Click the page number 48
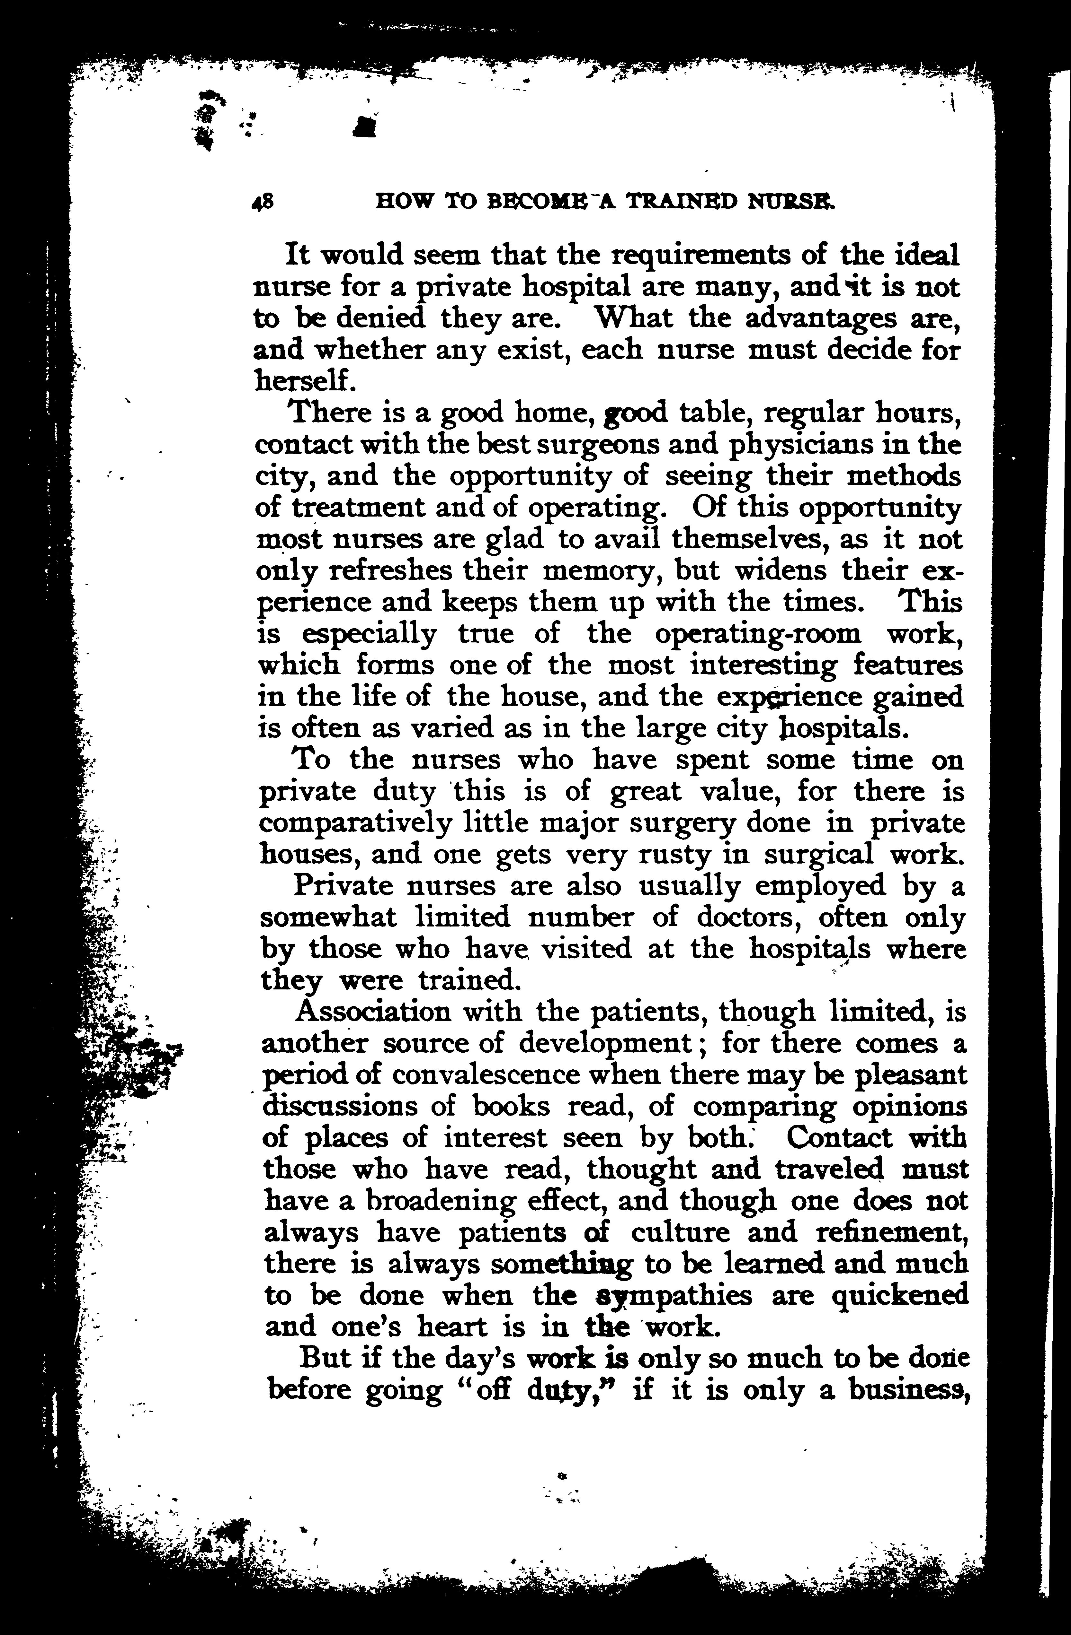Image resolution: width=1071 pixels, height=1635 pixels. pos(263,201)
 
